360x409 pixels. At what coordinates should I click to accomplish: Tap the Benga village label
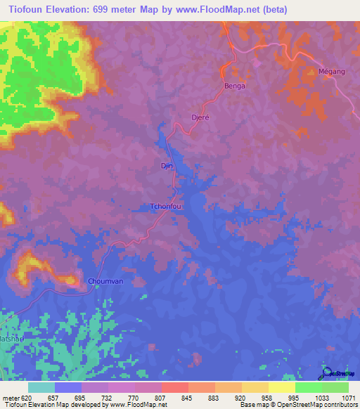click(234, 86)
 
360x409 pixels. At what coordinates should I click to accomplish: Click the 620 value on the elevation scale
click(25, 398)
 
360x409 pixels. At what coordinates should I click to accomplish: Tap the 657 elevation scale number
click(54, 398)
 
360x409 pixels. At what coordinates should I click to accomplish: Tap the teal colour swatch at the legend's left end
click(41, 387)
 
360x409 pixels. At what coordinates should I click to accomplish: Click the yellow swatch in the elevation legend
click(282, 387)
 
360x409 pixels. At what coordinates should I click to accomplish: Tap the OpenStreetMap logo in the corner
click(337, 373)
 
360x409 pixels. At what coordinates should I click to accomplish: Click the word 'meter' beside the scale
click(9, 398)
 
